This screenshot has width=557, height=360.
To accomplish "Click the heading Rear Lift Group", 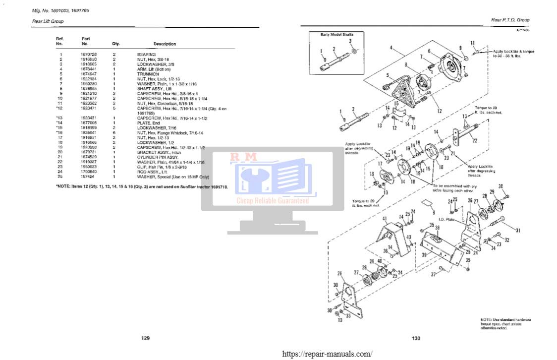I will (x=44, y=21).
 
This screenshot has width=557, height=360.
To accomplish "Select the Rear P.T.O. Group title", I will (x=510, y=20).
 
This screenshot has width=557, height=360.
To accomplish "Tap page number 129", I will (x=145, y=338).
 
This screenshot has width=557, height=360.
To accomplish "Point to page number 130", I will (x=416, y=338).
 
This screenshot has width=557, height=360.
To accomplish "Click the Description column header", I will (x=165, y=44).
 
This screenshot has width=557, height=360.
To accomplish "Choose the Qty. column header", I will (x=116, y=44).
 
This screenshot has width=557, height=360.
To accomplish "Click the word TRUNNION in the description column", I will (x=147, y=74).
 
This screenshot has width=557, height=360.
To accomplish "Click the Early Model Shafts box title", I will (x=336, y=34).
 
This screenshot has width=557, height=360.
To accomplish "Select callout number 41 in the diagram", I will (x=385, y=218).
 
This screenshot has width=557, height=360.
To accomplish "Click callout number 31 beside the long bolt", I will (x=518, y=230).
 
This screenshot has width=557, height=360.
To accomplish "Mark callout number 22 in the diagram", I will (x=474, y=141).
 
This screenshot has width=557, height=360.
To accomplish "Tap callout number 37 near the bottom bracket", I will (x=433, y=274).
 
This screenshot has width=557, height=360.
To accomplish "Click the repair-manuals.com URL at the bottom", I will (x=327, y=354).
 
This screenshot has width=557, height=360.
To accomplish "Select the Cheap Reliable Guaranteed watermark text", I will (x=272, y=201).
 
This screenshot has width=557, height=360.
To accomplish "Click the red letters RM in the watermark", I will (x=243, y=157).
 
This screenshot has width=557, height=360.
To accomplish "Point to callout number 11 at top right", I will (x=472, y=43).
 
